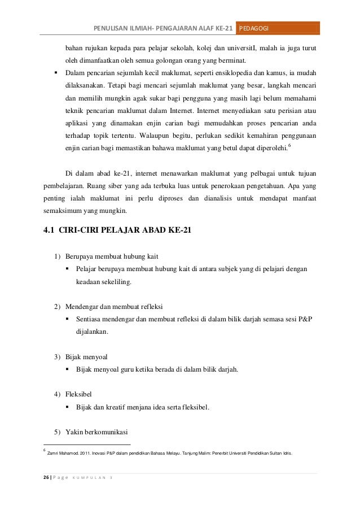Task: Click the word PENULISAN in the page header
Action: [x=112, y=29]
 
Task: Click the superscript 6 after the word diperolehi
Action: [x=289, y=146]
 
